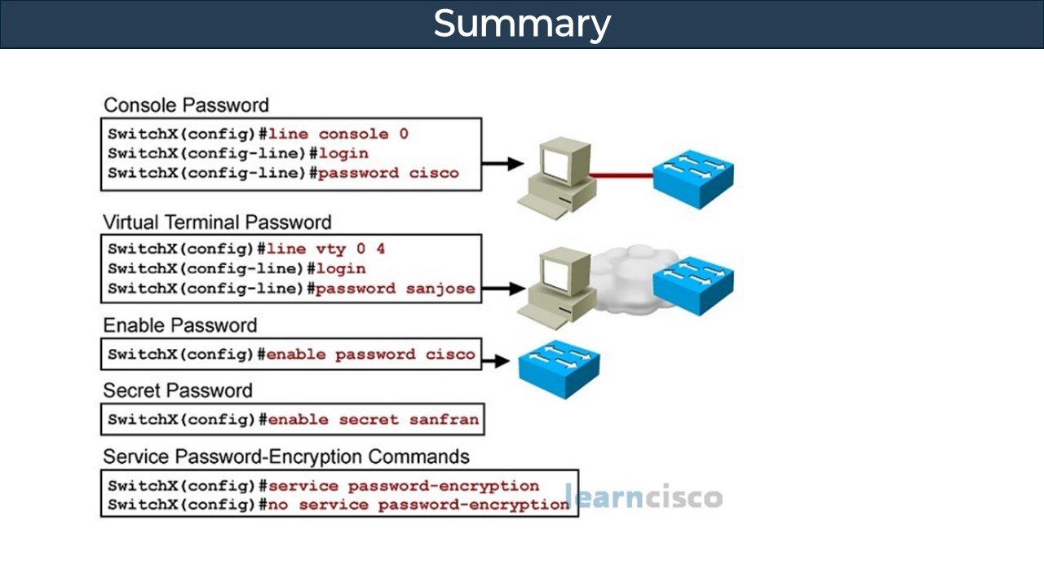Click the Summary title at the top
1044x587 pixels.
[x=521, y=24]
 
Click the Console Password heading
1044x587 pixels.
[x=186, y=105]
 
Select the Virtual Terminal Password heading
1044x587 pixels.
[x=217, y=223]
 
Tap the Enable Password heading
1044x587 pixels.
[x=179, y=325]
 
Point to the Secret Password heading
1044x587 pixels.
[x=177, y=391]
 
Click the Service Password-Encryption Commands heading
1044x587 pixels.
[x=285, y=456]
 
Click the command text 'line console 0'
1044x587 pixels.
[x=338, y=134]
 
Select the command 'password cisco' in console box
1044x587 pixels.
[x=388, y=173]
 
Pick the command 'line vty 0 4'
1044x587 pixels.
[x=326, y=249]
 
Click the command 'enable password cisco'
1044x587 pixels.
[x=370, y=355]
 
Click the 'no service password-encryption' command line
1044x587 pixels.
[x=418, y=505]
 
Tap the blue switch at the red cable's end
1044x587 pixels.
[x=693, y=177]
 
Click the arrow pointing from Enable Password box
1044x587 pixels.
[x=496, y=360]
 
